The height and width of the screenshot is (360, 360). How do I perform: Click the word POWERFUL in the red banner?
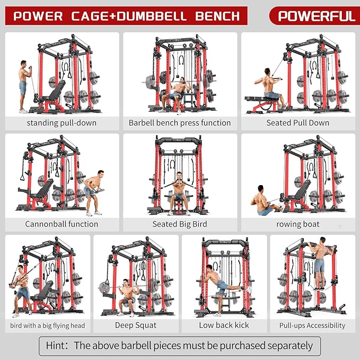(316, 16)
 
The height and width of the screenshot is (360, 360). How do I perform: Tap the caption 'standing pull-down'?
(63, 122)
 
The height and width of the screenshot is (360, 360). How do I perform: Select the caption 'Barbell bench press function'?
(180, 122)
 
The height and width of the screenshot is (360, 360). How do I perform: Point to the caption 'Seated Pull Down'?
(297, 122)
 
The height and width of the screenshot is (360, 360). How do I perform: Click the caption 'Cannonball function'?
(62, 224)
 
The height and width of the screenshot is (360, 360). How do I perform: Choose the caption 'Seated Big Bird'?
(180, 224)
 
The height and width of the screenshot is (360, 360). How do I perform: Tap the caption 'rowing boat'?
(297, 224)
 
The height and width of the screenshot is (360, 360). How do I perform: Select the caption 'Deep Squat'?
(136, 325)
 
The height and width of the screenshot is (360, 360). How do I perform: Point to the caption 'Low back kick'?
(224, 325)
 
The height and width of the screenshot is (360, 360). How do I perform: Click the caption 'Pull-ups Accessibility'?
(312, 325)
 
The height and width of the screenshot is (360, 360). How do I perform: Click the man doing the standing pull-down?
(23, 85)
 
